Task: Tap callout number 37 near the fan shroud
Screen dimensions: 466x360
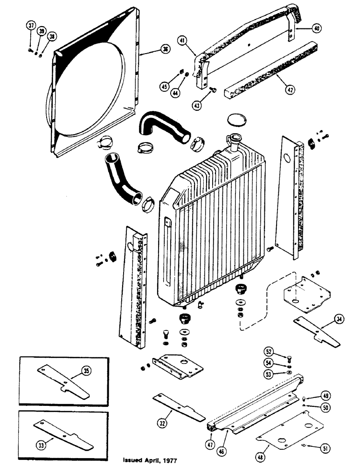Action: (31, 26)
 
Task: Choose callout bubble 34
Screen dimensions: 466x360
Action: (339, 319)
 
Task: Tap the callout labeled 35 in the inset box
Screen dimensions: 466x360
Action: (87, 371)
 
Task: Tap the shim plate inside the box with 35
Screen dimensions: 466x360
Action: (63, 381)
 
